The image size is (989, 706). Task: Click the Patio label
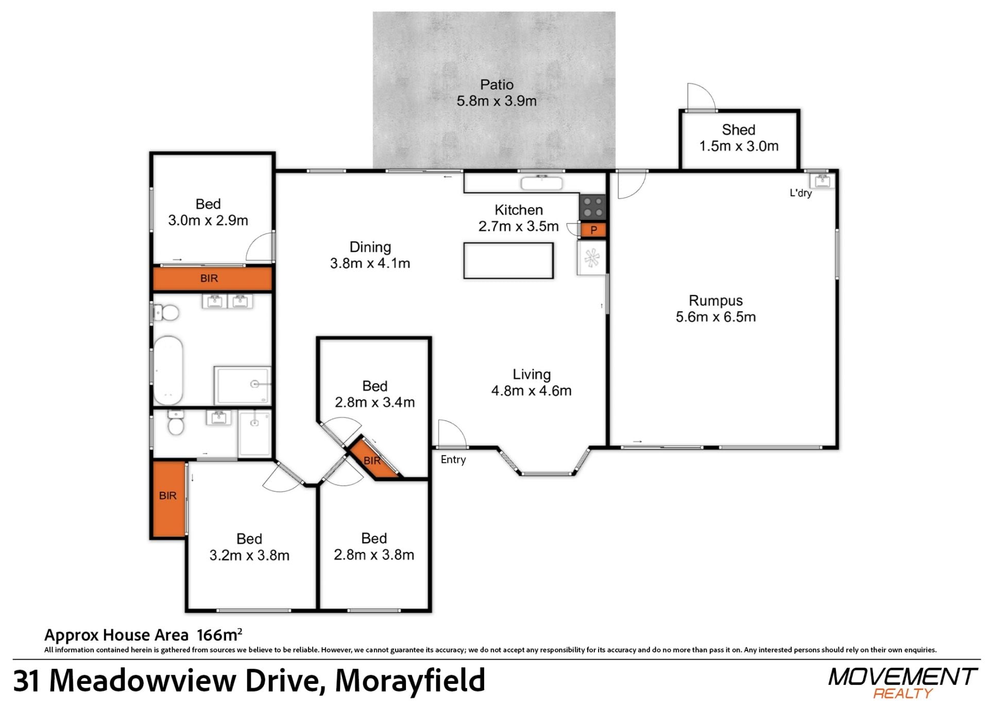(497, 84)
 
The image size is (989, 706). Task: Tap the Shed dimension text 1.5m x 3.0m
(739, 146)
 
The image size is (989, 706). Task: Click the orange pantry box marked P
(593, 230)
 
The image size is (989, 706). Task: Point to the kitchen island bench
(508, 261)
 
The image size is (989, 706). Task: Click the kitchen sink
(541, 183)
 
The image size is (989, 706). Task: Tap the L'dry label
(800, 193)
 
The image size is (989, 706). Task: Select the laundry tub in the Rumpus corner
(822, 181)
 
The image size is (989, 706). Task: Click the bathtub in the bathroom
(168, 370)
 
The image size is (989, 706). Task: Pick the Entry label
(453, 459)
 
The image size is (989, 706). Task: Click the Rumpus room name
(716, 300)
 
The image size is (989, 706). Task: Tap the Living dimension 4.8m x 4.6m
(531, 391)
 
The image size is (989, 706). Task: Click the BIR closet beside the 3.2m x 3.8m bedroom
(168, 498)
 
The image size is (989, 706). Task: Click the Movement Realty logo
(902, 683)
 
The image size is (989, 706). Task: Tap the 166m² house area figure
(219, 634)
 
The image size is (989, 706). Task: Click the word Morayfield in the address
(410, 680)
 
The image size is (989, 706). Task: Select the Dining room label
(370, 247)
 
